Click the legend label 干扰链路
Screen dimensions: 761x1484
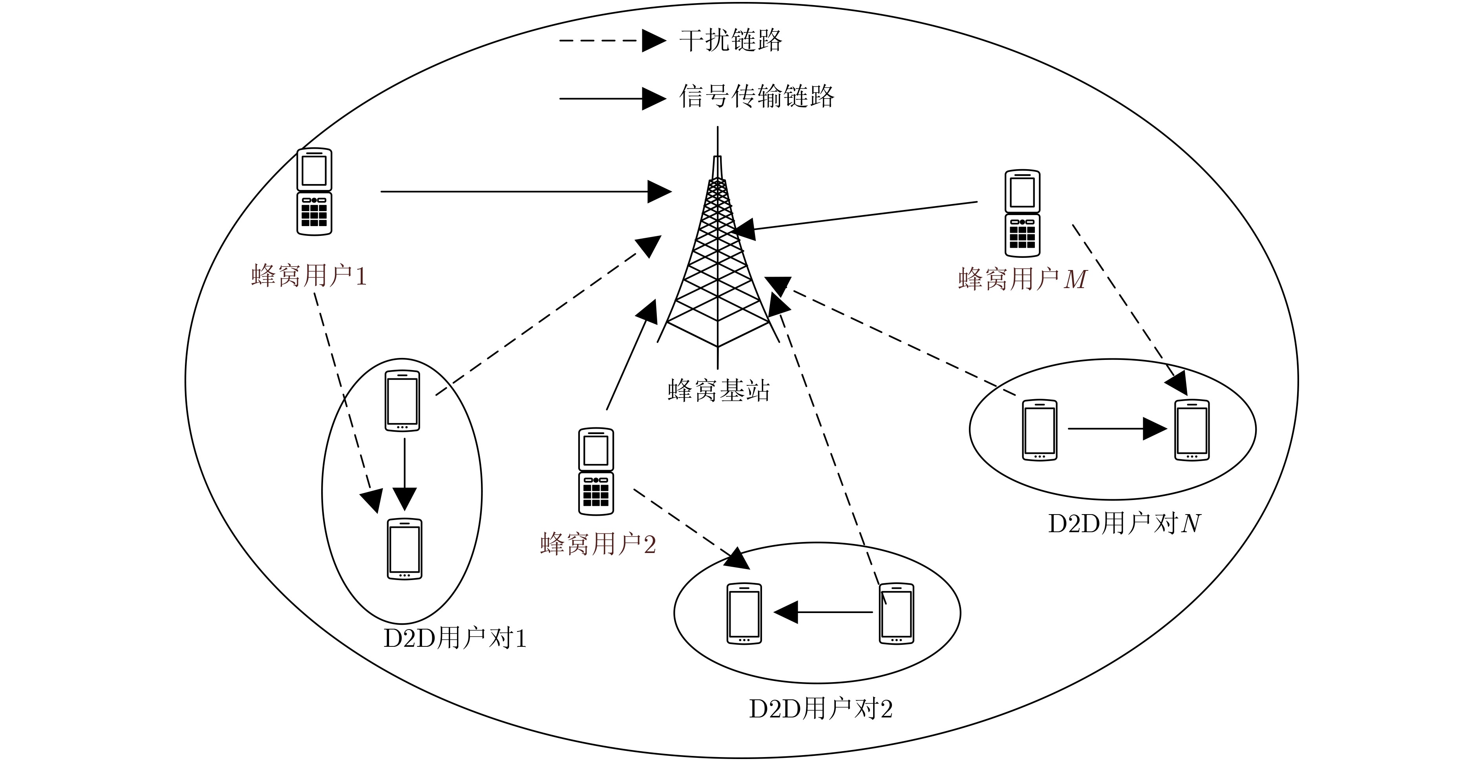click(x=731, y=40)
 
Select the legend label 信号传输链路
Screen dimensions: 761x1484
click(x=757, y=96)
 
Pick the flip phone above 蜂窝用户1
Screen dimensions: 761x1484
click(x=314, y=192)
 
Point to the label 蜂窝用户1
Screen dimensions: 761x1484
click(x=309, y=276)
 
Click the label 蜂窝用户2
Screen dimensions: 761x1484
click(x=598, y=544)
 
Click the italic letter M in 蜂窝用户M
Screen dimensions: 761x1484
click(x=1075, y=280)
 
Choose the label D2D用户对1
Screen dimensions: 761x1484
click(x=455, y=639)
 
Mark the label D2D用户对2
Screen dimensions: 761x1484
click(x=821, y=709)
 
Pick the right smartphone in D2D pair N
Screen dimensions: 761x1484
click(x=1192, y=430)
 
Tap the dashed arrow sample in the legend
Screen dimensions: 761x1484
click(x=612, y=40)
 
